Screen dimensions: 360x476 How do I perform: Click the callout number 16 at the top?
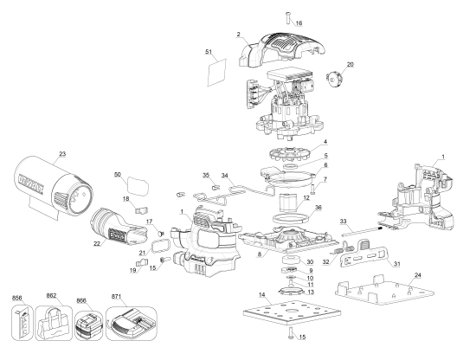click(x=299, y=22)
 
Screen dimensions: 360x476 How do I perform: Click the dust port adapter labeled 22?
click(x=116, y=228)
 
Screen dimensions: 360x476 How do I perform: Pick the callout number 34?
click(x=224, y=176)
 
